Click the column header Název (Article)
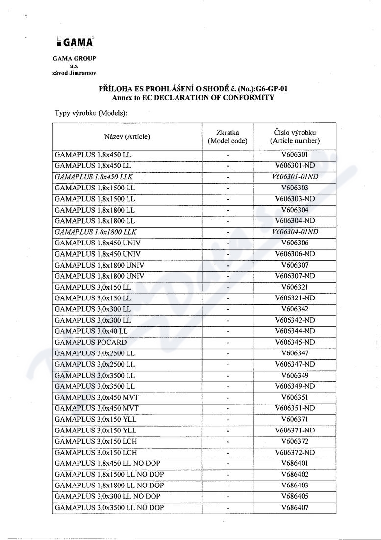pos(127,136)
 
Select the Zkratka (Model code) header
pos(228,136)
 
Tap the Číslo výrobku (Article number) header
pos(295,136)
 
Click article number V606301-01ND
pos(295,176)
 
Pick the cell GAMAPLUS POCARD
pos(91,342)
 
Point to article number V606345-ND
pos(295,342)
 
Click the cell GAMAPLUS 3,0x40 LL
pos(91,331)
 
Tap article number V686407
pos(295,507)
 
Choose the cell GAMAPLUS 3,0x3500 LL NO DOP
pos(109,507)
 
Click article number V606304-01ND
pos(295,232)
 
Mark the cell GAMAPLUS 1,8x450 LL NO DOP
pos(107,463)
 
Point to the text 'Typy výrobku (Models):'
pos(91,113)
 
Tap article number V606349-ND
pos(295,386)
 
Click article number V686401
pos(295,463)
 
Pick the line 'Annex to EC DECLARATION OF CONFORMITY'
pos(193,97)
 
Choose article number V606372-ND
pos(295,452)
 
